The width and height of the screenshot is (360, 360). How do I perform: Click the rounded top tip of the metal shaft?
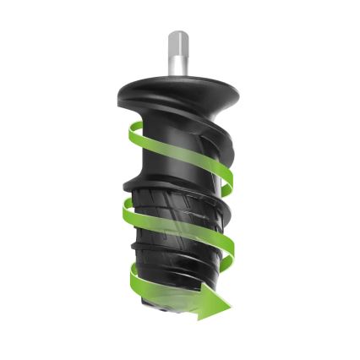178,34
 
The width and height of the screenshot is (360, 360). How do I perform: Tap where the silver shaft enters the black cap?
178,74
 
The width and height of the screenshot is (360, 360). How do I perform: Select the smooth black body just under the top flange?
177,114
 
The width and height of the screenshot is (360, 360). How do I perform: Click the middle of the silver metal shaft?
178,54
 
